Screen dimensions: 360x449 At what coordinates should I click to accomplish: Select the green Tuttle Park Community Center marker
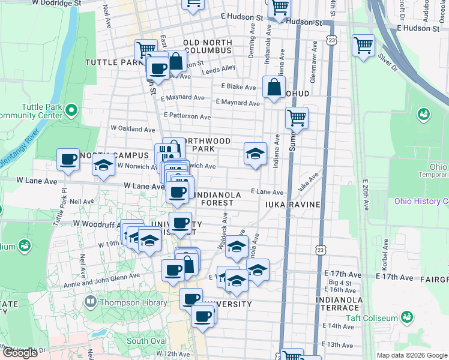(x=72, y=109)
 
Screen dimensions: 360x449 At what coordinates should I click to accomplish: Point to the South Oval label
(x=146, y=341)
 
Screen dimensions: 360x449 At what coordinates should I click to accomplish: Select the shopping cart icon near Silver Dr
(x=363, y=45)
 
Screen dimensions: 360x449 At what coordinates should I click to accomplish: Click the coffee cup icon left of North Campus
(x=68, y=159)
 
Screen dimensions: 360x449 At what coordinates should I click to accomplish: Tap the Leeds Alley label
(x=219, y=70)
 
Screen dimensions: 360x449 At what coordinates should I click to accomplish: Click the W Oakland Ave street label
(x=133, y=128)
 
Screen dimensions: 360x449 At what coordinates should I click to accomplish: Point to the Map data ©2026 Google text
(x=412, y=355)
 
